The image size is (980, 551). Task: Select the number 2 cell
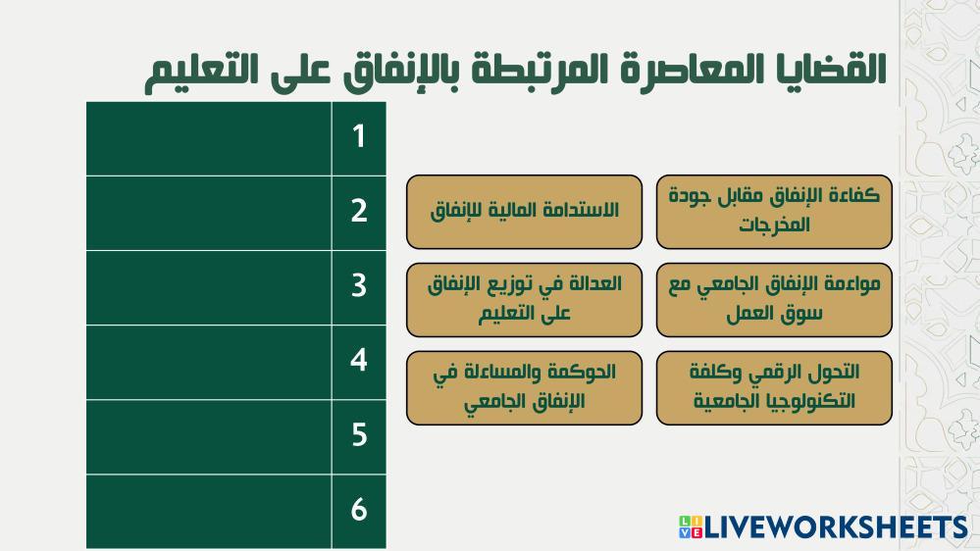[x=359, y=213]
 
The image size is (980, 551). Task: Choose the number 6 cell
[x=359, y=512]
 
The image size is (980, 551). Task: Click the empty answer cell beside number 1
[x=209, y=138]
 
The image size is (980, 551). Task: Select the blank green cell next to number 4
[x=209, y=363]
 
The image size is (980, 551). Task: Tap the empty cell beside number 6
[x=209, y=512]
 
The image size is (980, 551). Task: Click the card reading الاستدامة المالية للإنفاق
[x=525, y=212]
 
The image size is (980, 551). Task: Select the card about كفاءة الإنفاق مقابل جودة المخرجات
[x=774, y=212]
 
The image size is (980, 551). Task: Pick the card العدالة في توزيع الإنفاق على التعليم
[x=525, y=300]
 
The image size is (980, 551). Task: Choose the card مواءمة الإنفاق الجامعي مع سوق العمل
[x=774, y=300]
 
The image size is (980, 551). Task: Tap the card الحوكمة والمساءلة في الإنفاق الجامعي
[x=525, y=388]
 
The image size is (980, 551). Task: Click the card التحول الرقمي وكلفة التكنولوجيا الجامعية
[x=774, y=388]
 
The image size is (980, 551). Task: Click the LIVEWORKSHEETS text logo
[x=836, y=527]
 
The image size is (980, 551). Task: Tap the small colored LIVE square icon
[x=691, y=527]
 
